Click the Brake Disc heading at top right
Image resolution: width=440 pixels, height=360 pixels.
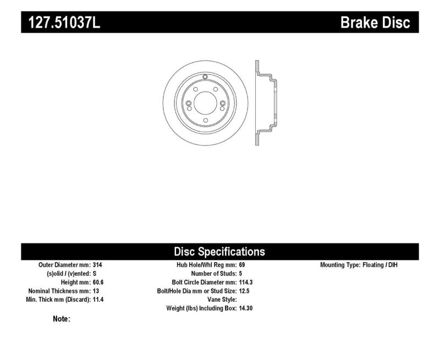tap(376, 23)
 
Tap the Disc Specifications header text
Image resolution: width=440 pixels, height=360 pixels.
tap(219, 252)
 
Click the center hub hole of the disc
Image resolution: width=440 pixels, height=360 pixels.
tap(204, 104)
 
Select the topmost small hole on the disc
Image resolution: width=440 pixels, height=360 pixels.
tap(204, 77)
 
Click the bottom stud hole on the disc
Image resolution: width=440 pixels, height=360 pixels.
tap(204, 121)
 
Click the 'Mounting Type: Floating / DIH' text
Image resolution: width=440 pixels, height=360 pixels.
tap(359, 264)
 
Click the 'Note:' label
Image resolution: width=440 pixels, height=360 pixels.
tap(61, 319)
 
